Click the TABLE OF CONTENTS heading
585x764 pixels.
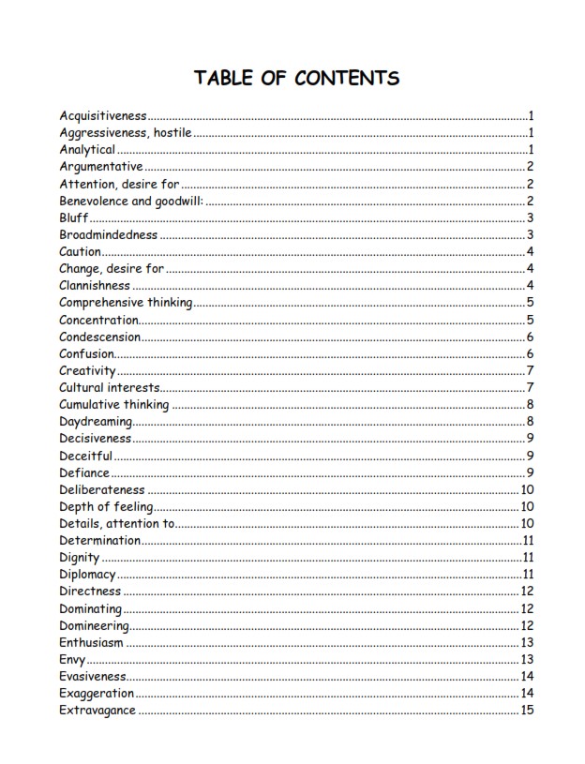pos(296,78)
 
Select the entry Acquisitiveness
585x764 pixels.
pos(103,116)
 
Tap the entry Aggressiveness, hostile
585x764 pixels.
pos(126,133)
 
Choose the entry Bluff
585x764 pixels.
pos(74,217)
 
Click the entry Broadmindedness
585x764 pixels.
pos(109,234)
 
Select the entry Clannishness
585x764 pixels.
pos(95,285)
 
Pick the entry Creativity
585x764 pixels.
pos(87,370)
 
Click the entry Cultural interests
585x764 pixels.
pos(110,387)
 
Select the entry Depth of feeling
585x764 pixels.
pos(106,507)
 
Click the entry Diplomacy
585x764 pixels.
pos(87,574)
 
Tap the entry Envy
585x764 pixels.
pos(72,659)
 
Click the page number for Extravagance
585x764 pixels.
pos(527,711)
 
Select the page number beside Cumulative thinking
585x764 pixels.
pos(530,405)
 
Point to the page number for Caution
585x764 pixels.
pos(530,251)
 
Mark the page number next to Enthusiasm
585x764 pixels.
pos(527,642)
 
